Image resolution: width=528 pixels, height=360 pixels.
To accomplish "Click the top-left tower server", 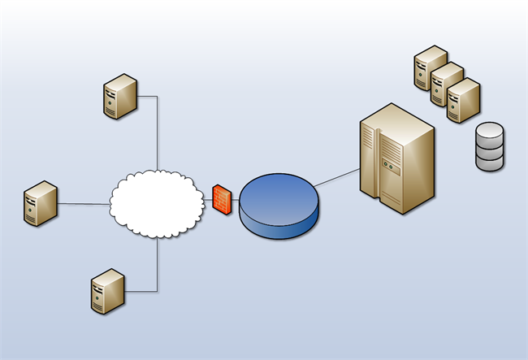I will (x=120, y=97).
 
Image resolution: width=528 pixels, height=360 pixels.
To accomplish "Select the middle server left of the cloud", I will (x=40, y=203).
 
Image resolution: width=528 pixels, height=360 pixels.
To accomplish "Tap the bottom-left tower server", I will (x=107, y=292).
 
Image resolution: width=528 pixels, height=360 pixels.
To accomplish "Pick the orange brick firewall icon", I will (x=222, y=199).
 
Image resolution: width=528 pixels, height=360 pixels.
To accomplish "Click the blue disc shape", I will (x=279, y=207).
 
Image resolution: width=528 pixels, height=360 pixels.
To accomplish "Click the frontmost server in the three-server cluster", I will (x=463, y=100).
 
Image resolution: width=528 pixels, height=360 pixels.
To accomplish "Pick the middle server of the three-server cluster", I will (x=445, y=83).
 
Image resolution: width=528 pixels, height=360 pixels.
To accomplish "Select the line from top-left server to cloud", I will (x=157, y=130).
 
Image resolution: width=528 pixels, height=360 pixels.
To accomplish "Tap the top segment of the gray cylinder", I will (x=490, y=132).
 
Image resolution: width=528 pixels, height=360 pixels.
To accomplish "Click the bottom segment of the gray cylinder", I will (x=490, y=162).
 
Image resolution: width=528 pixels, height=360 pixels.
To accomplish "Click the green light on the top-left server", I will (x=109, y=105).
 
